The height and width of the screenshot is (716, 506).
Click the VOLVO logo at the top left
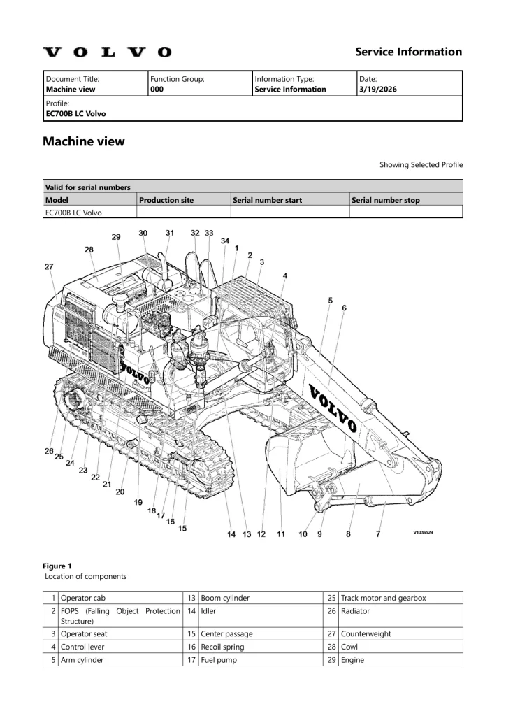(x=107, y=52)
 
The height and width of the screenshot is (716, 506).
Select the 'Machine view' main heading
(x=84, y=141)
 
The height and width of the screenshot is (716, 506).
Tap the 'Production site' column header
(x=166, y=200)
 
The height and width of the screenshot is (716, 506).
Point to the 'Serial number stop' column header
(x=386, y=200)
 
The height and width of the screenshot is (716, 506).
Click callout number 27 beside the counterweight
(x=49, y=266)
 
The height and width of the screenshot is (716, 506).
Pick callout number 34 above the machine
(x=224, y=241)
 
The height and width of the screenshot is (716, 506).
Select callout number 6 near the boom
(x=344, y=308)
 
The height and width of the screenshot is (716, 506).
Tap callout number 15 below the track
(x=182, y=528)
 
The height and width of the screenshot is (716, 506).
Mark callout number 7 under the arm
(x=378, y=535)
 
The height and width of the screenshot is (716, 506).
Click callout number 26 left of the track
(x=50, y=451)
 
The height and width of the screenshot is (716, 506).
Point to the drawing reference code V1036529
(x=423, y=532)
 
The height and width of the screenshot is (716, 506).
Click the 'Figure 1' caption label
(x=57, y=566)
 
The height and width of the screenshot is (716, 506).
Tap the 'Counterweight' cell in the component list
(x=366, y=633)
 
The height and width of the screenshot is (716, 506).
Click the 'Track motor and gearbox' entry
(x=383, y=598)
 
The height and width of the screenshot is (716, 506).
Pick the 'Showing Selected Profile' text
(x=421, y=165)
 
